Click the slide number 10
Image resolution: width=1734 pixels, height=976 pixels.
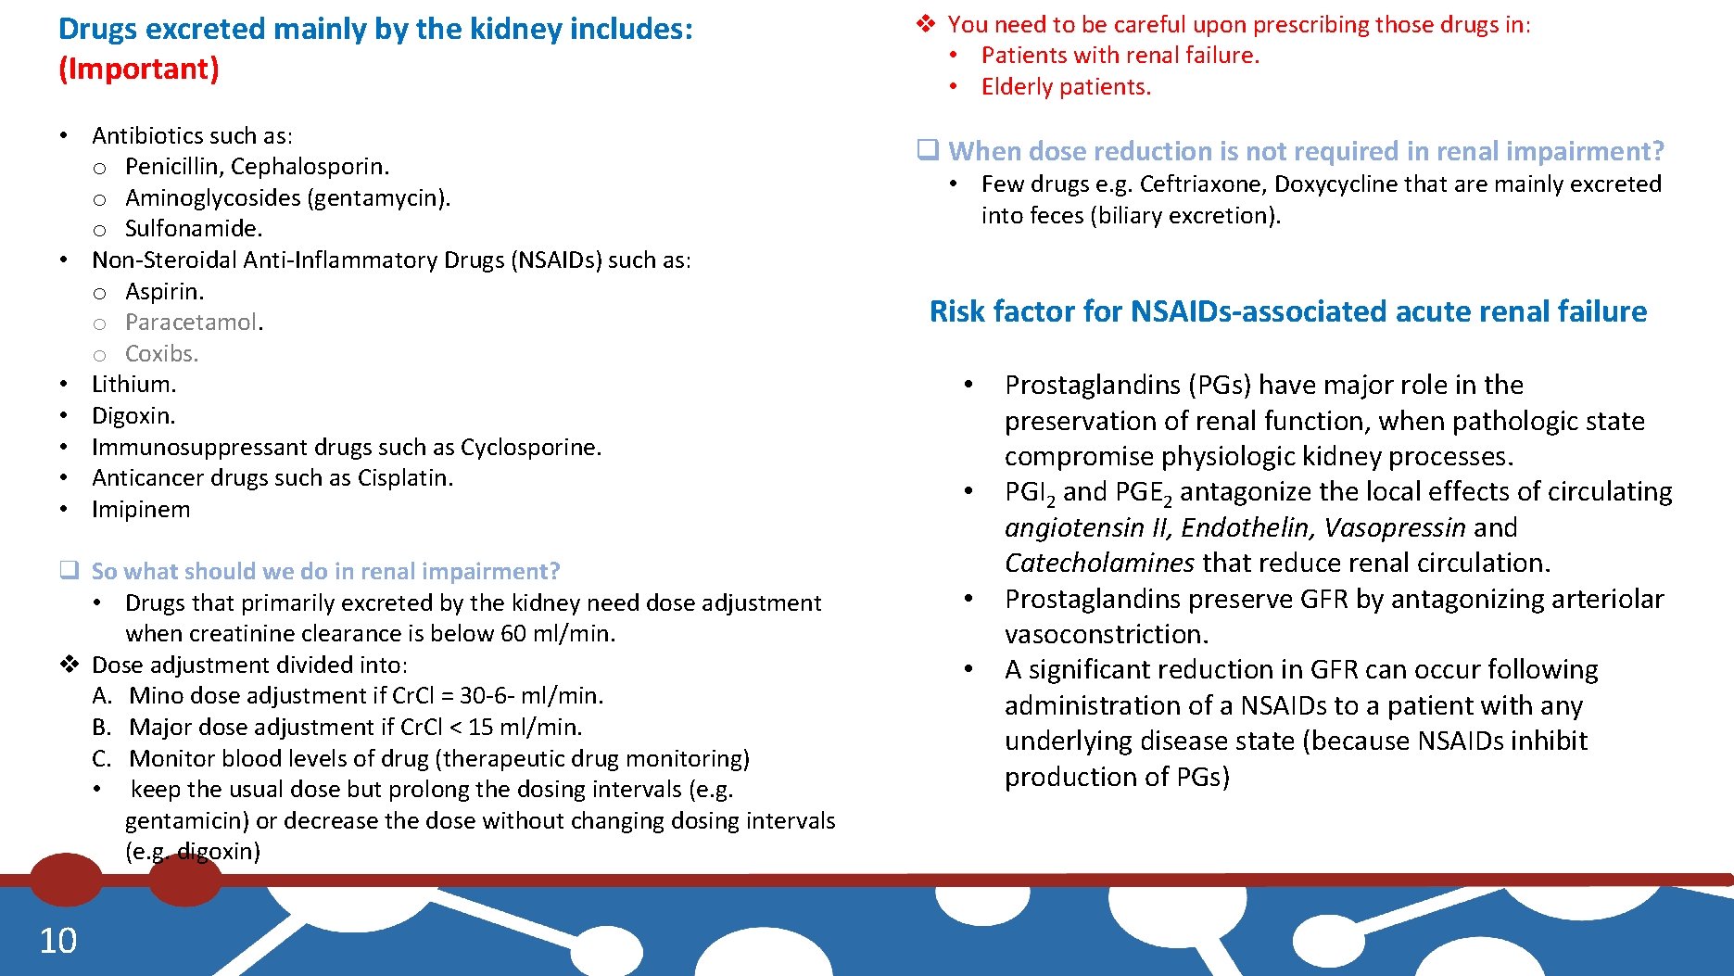(57, 941)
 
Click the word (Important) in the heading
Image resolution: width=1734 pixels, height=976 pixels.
(139, 70)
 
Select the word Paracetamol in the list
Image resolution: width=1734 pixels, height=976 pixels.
(192, 323)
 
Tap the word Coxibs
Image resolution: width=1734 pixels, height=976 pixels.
(161, 354)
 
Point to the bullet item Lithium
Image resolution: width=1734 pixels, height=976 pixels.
(133, 385)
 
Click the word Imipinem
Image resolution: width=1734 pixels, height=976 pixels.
(141, 510)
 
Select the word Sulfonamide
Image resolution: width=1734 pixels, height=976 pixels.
(193, 229)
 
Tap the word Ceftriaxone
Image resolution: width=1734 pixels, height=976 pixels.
(1202, 184)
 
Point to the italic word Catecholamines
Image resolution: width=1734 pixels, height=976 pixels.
(1099, 564)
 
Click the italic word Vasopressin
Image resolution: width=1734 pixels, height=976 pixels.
(1394, 528)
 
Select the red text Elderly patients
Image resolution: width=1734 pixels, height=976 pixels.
(1066, 87)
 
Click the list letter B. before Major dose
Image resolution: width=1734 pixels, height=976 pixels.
(102, 728)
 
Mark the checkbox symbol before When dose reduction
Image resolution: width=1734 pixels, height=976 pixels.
(928, 150)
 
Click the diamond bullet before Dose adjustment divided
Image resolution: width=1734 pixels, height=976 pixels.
(70, 665)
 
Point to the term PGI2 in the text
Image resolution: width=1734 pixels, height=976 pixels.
(1029, 493)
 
